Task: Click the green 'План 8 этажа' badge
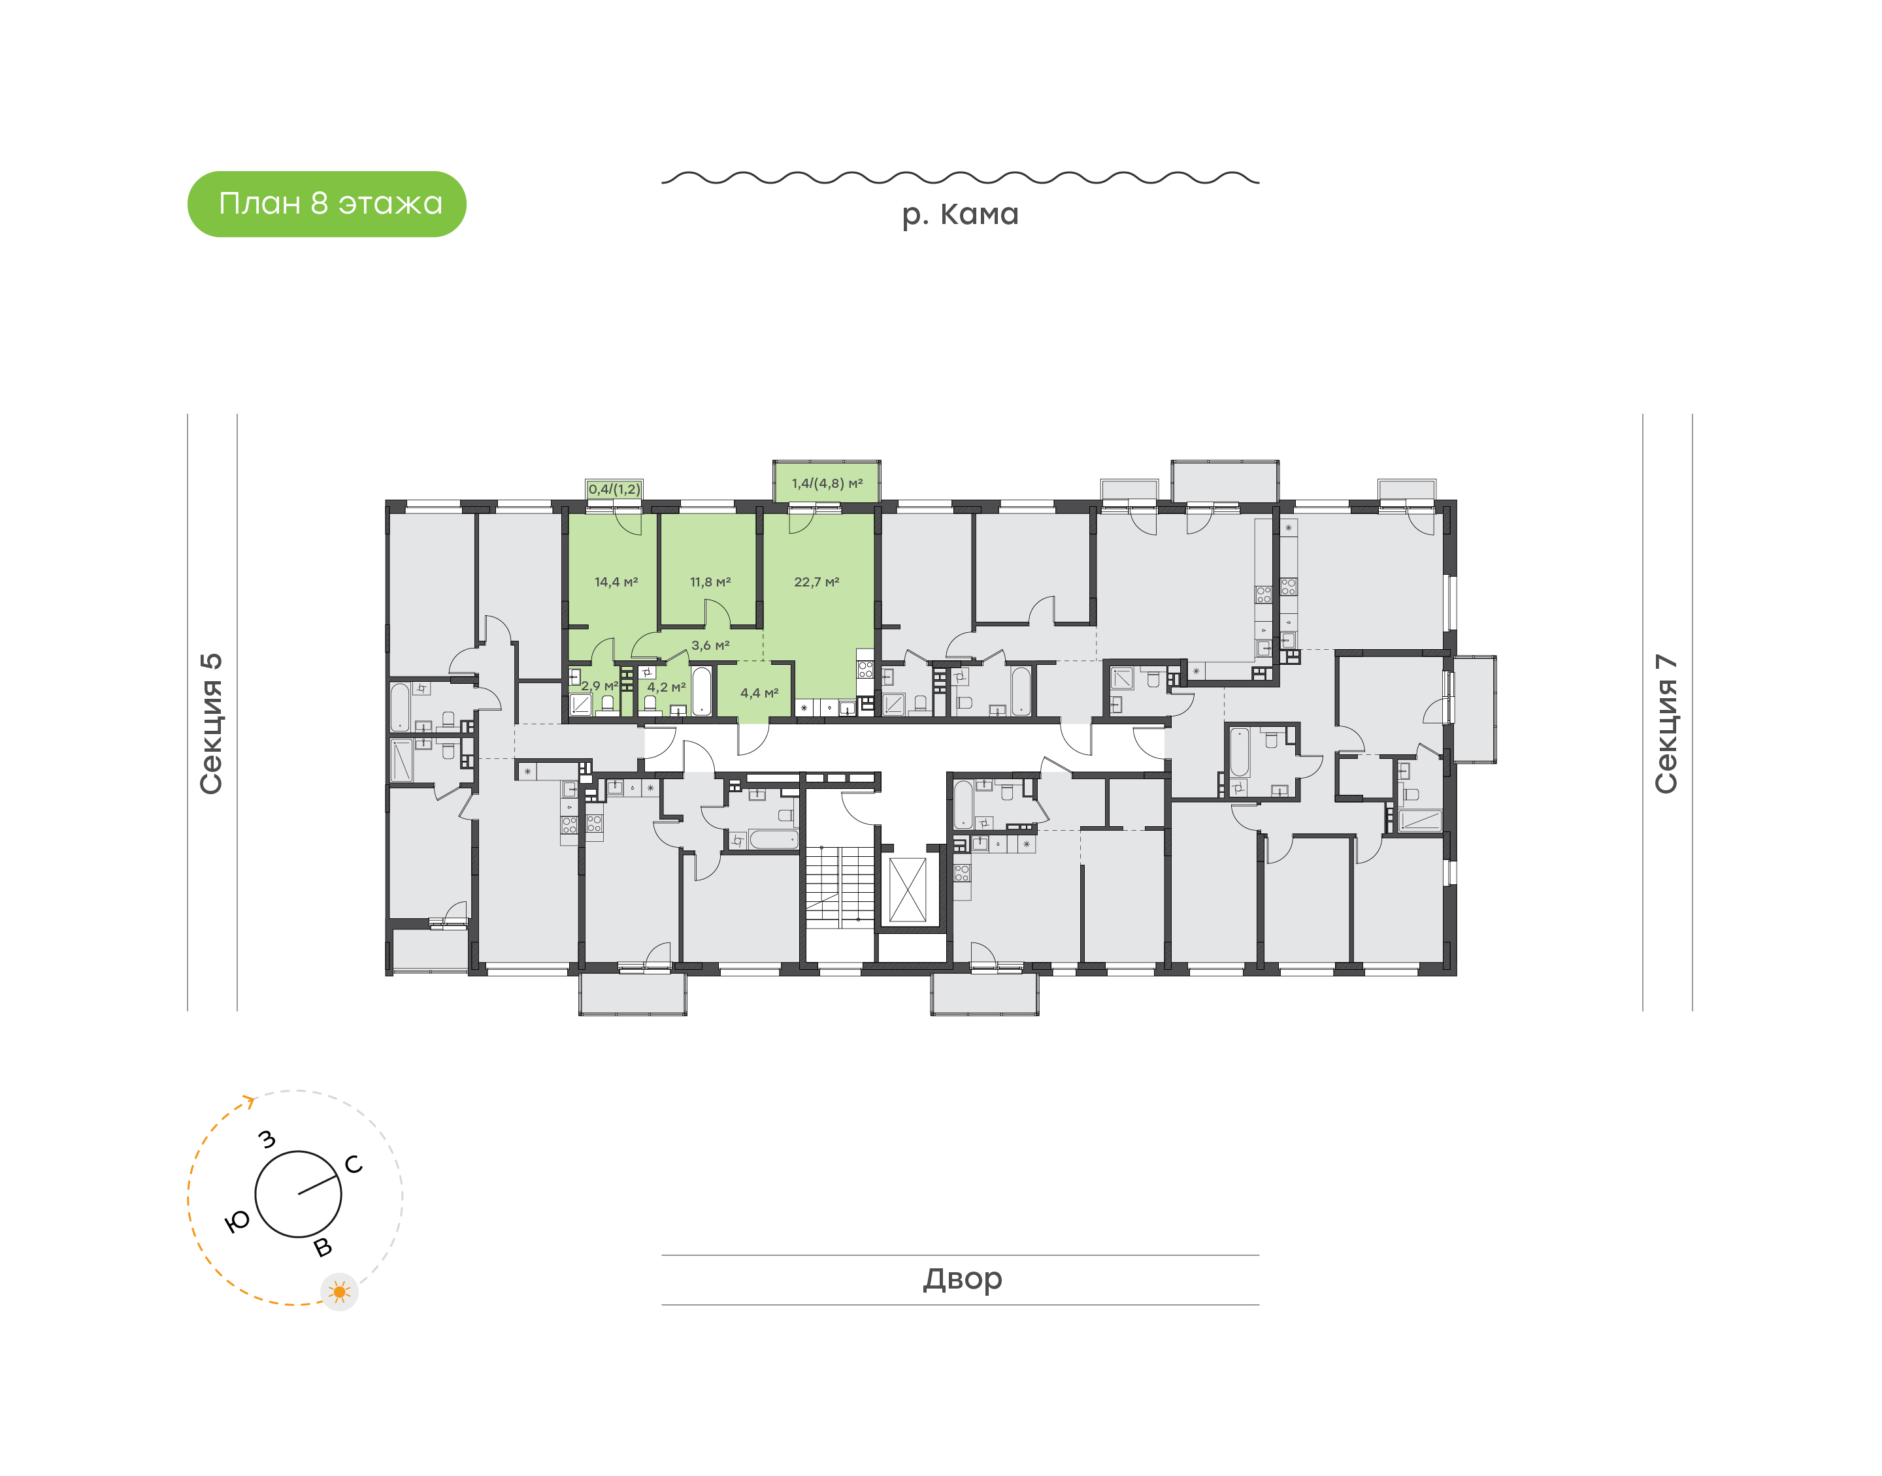point(327,204)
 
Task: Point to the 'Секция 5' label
point(211,724)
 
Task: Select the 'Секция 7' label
point(1666,724)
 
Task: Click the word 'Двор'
point(962,1279)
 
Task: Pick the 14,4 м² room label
point(616,583)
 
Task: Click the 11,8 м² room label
point(710,583)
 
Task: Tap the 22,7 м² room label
point(817,583)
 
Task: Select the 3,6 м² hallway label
point(710,645)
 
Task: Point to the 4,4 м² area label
point(760,693)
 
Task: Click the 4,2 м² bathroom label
point(667,687)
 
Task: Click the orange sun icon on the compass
point(340,1292)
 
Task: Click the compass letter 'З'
point(268,1140)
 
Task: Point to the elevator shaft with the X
point(908,890)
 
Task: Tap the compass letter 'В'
point(322,1247)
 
